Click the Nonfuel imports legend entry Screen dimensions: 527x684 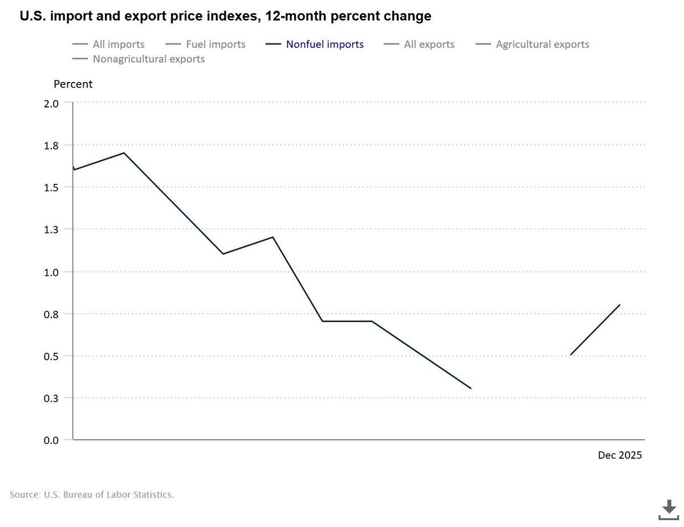click(x=324, y=44)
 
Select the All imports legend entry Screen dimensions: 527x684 click(x=118, y=44)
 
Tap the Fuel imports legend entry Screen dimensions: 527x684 click(x=215, y=44)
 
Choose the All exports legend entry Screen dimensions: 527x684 click(x=429, y=44)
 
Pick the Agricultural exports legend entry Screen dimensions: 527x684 click(x=542, y=44)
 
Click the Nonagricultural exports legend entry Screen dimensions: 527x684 click(x=148, y=59)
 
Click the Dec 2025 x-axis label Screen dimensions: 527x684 click(x=620, y=455)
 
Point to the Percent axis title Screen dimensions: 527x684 click(x=73, y=84)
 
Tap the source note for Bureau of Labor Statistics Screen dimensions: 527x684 click(x=92, y=495)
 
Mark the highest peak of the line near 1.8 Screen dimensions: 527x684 click(x=124, y=153)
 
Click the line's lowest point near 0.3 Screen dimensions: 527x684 click(x=471, y=389)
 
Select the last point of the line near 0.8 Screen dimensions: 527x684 click(x=620, y=304)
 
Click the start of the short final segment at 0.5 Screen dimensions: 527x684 click(x=571, y=355)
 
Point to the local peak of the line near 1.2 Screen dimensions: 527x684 click(x=273, y=237)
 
